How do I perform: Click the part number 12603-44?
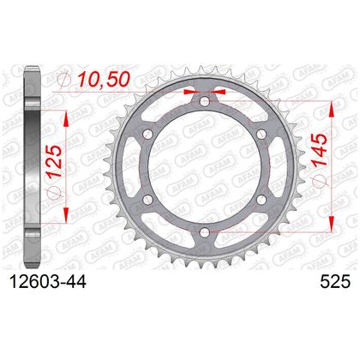click(x=48, y=282)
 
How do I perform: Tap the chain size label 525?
click(x=335, y=282)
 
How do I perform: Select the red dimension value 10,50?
click(x=105, y=79)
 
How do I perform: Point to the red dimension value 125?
click(x=54, y=161)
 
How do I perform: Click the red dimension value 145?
click(x=319, y=150)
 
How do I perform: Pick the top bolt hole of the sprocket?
click(x=205, y=100)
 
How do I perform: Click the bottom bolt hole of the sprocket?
click(x=205, y=232)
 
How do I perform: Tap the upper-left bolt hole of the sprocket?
click(x=147, y=134)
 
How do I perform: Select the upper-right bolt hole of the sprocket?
click(x=261, y=134)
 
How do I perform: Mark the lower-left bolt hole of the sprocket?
click(x=147, y=200)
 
